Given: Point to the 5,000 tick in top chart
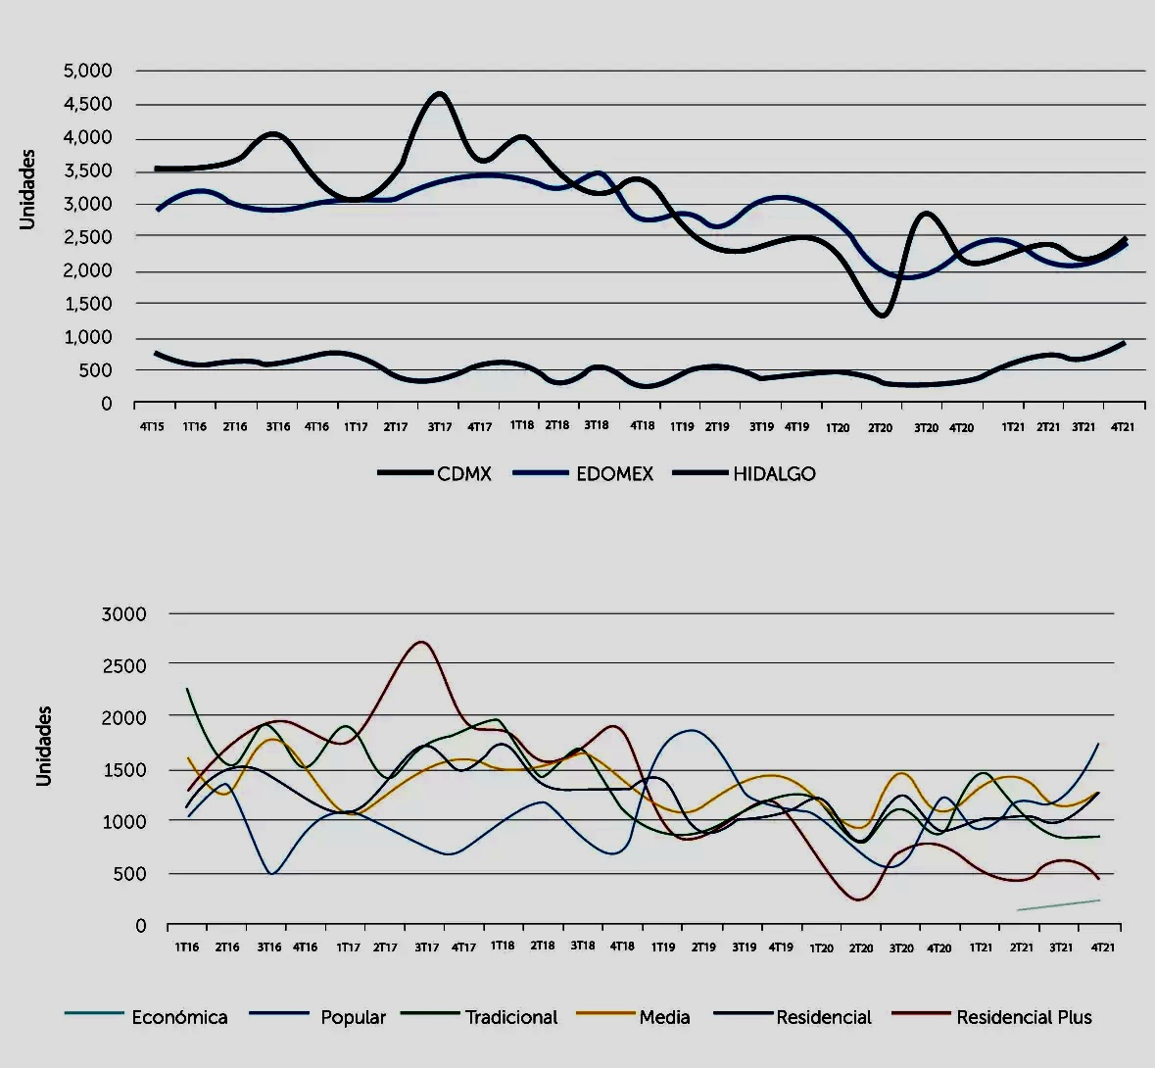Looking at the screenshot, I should pos(88,71).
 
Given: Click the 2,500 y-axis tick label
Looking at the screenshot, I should pos(88,237).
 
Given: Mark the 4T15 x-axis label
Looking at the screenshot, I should pos(151,427).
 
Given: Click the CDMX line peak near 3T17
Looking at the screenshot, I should pos(439,94).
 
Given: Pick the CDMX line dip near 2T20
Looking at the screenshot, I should pos(882,315).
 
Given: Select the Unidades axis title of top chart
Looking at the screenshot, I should pos(27,189).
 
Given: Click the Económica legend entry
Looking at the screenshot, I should pos(179,1018).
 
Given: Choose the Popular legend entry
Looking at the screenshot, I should pos(353,1018).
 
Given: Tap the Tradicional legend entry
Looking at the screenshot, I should pos(511,1018).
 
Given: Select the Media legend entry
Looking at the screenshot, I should pos(664,1018).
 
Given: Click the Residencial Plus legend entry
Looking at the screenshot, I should pos(1024,1018).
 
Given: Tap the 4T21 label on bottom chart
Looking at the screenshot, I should pos(1102,947).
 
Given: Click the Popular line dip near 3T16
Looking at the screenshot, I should pos(271,872).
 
